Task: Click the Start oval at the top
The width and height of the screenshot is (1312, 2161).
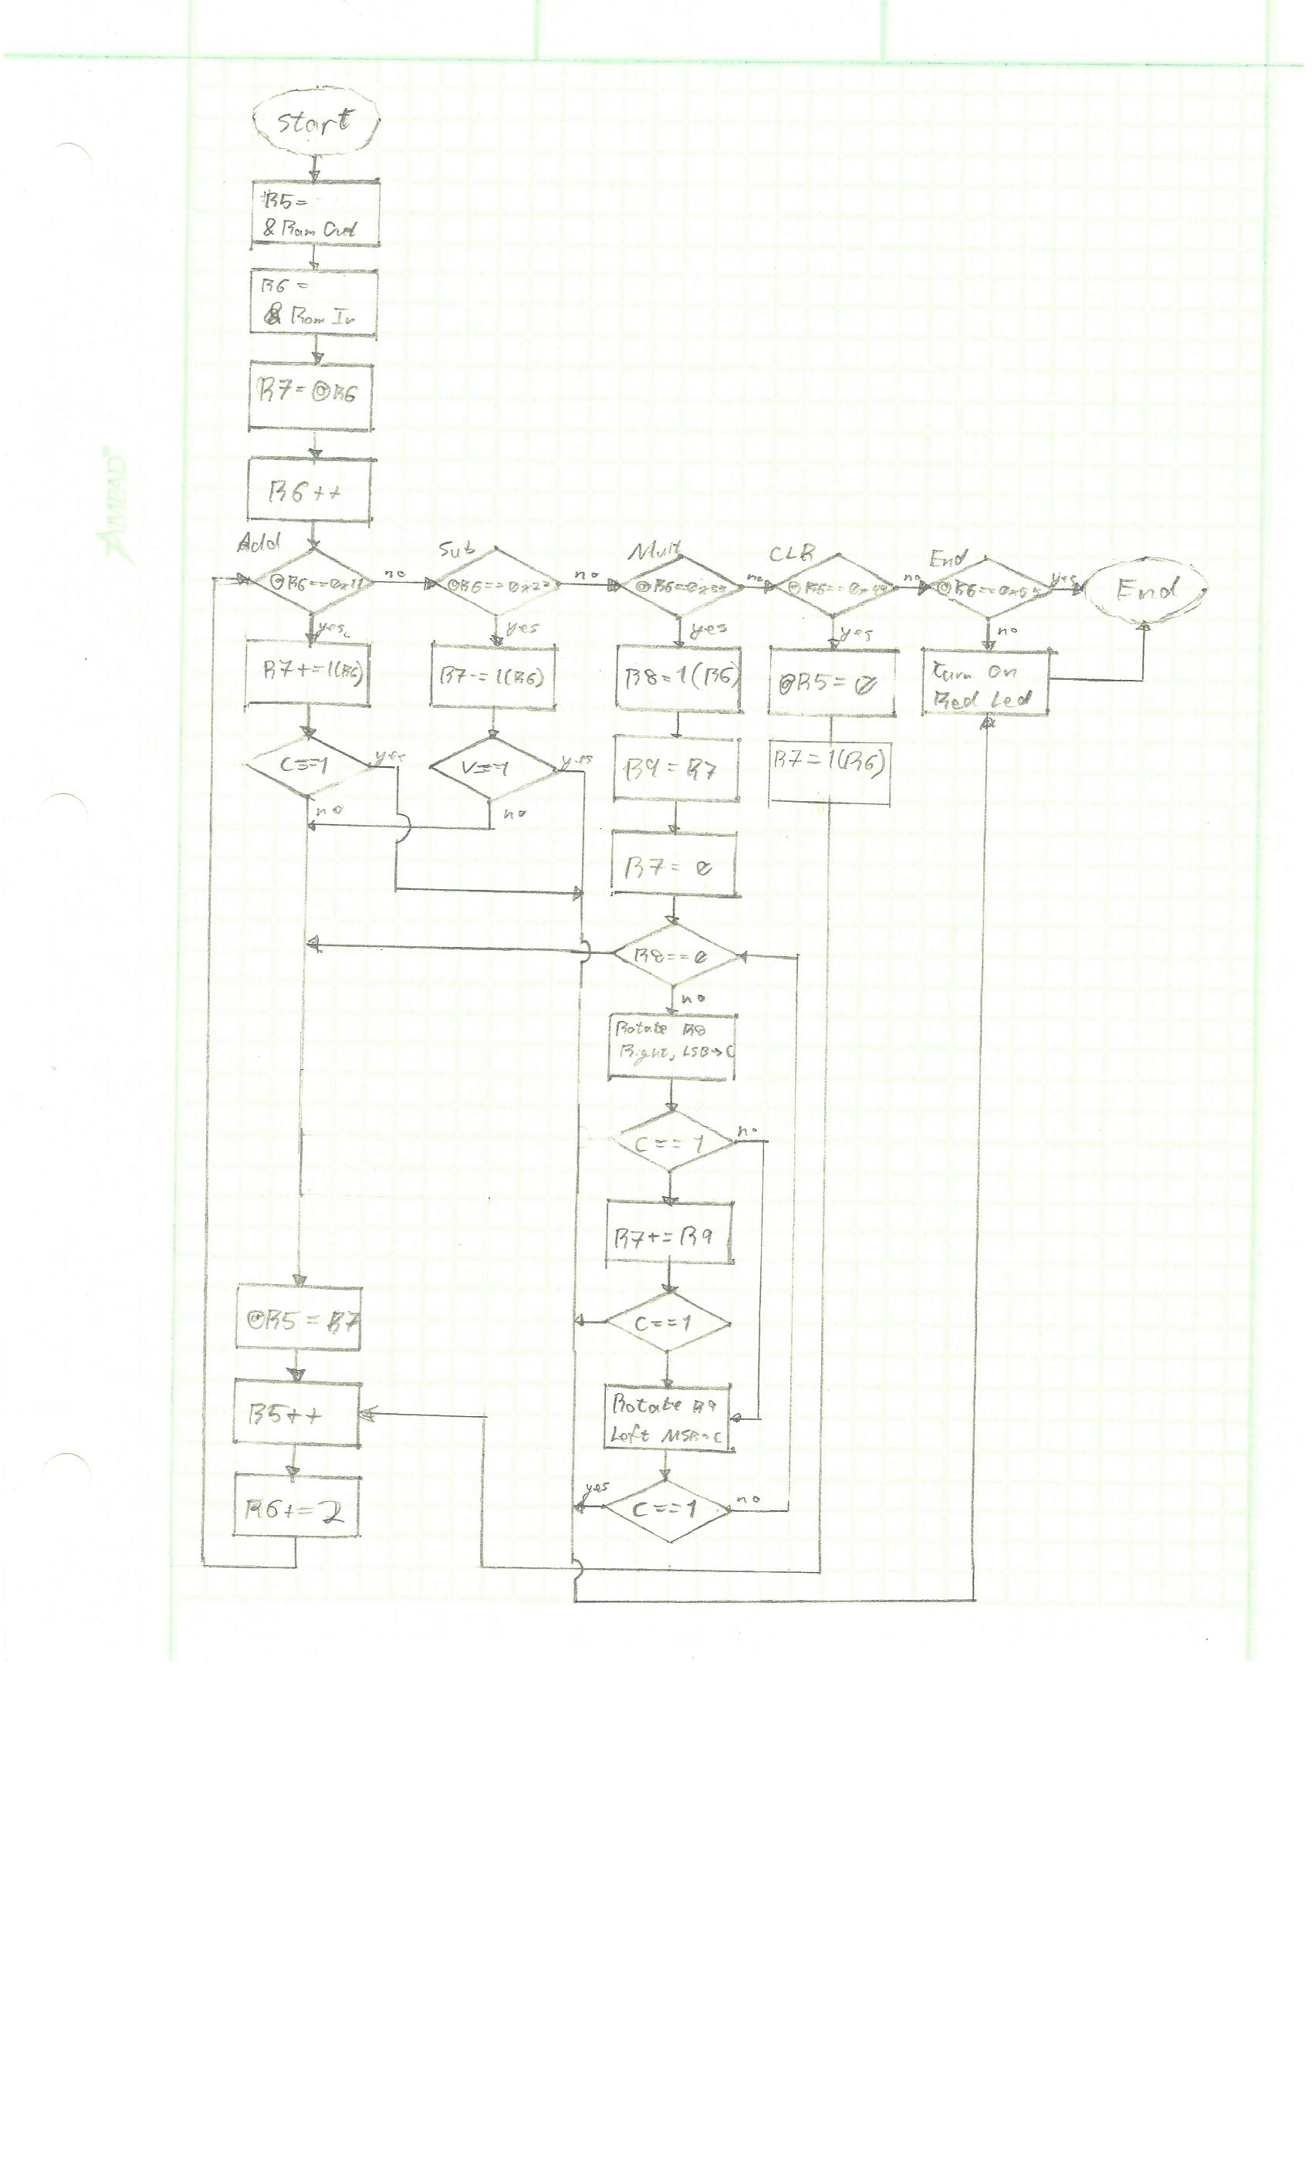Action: pyautogui.click(x=315, y=123)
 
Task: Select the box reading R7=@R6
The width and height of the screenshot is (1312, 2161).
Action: pyautogui.click(x=309, y=394)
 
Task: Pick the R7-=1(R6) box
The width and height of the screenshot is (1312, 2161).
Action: pyautogui.click(x=494, y=676)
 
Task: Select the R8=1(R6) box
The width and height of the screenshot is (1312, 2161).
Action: pyautogui.click(x=678, y=677)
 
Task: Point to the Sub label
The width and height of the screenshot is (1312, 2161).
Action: pyautogui.click(x=458, y=550)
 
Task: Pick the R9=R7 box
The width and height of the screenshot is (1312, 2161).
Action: pyautogui.click(x=675, y=770)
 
